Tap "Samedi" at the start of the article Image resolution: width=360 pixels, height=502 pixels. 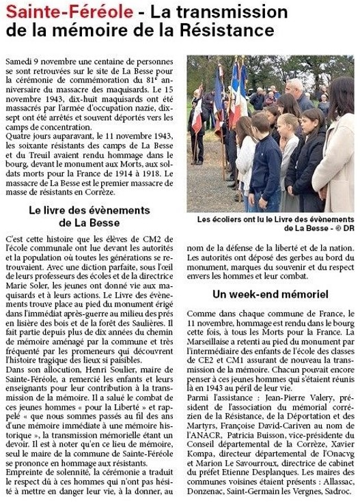tap(19, 61)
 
